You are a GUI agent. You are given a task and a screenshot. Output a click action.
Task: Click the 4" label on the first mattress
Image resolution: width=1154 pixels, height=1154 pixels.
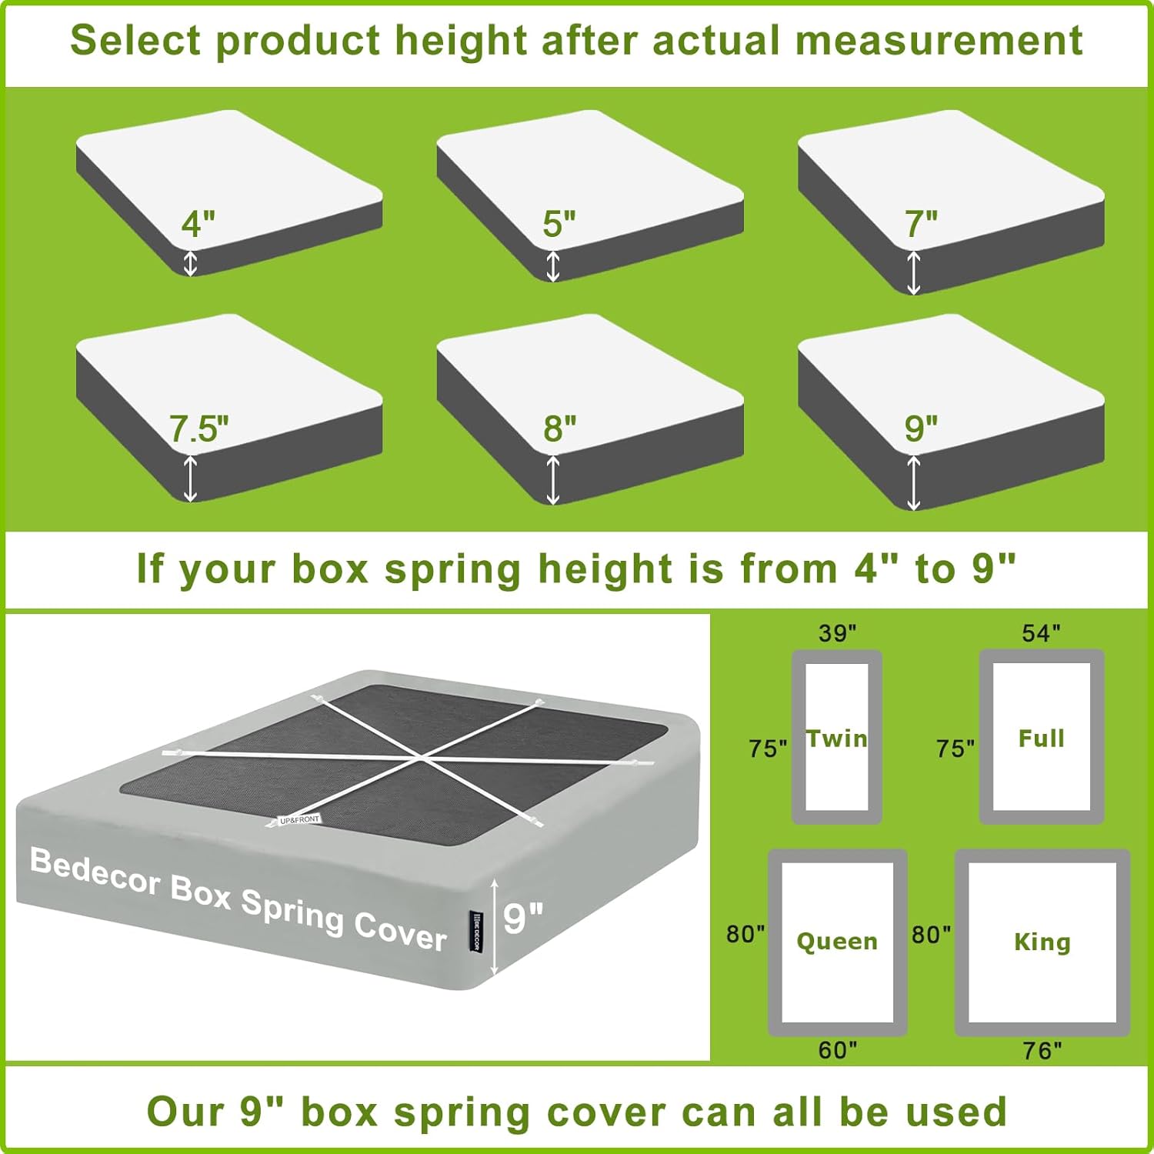pos(198,223)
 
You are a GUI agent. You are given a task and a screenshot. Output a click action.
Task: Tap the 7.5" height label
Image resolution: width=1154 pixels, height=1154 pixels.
pos(199,429)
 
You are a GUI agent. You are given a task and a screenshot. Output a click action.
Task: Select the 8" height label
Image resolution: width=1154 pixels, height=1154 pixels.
pos(559,429)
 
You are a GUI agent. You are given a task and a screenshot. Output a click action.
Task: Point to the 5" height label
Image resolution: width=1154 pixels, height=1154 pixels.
pos(559,224)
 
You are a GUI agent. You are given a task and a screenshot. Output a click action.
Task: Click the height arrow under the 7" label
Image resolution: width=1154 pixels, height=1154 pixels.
pos(913,272)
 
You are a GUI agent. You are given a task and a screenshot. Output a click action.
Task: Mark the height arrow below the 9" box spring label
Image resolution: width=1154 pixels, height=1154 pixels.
pos(913,482)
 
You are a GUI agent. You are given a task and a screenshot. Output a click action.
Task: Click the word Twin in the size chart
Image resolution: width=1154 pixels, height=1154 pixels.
pos(836,739)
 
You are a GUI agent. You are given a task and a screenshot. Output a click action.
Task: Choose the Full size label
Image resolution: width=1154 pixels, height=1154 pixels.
pos(1041,739)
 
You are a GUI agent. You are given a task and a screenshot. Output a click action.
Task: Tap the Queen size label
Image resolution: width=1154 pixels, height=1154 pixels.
pos(837,941)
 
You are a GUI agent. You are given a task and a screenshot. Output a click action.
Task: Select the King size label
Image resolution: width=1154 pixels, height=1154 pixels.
pos(1042,942)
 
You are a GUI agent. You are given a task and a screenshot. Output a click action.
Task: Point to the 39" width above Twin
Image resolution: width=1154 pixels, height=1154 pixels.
pos(837,633)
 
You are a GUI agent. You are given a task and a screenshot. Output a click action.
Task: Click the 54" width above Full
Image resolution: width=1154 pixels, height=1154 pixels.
pos(1041,633)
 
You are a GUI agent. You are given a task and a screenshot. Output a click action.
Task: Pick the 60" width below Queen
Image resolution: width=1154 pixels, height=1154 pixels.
pos(837,1050)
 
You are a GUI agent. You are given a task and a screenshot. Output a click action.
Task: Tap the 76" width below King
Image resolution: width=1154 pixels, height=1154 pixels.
pos(1042,1050)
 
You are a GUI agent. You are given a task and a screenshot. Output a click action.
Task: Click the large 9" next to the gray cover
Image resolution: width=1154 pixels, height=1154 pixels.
pos(523,918)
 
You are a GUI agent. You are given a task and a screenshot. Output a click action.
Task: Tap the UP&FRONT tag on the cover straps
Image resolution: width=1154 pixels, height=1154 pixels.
pos(299,819)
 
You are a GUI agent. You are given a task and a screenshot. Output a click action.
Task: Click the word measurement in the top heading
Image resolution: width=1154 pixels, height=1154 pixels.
pos(939,40)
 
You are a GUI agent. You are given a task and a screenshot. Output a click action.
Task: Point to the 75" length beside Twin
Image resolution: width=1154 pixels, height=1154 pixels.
pos(767,748)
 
